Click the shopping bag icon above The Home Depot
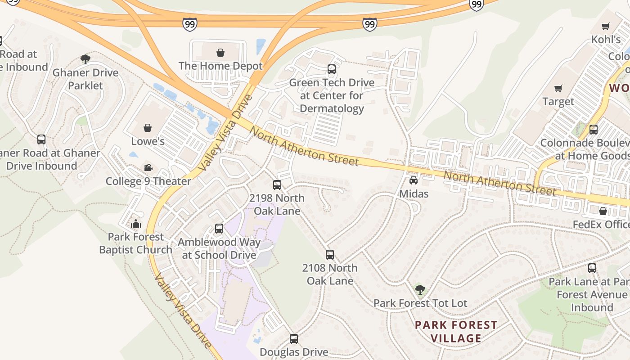pyautogui.click(x=220, y=53)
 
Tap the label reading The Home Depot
pyautogui.click(x=220, y=66)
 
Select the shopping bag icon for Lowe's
pyautogui.click(x=148, y=128)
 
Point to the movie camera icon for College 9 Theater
pyautogui.click(x=148, y=168)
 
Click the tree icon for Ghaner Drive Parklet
pyautogui.click(x=85, y=59)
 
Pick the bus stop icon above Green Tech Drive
pyautogui.click(x=332, y=69)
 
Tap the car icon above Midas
pyautogui.click(x=414, y=180)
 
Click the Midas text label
pyautogui.click(x=414, y=194)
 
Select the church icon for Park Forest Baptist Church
pyautogui.click(x=135, y=223)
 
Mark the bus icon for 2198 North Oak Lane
pyautogui.click(x=277, y=184)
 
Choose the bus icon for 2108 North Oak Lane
pyautogui.click(x=330, y=255)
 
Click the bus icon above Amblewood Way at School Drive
pyautogui.click(x=219, y=229)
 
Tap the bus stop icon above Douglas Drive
pyautogui.click(x=294, y=339)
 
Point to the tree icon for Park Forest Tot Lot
pyautogui.click(x=420, y=290)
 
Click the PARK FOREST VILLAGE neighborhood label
pyautogui.click(x=456, y=332)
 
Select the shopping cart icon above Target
pyautogui.click(x=558, y=88)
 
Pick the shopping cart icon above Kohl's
pyautogui.click(x=606, y=26)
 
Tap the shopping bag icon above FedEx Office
pyautogui.click(x=603, y=211)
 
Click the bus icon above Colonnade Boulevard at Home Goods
pyautogui.click(x=594, y=130)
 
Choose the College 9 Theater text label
pyautogui.click(x=148, y=181)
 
